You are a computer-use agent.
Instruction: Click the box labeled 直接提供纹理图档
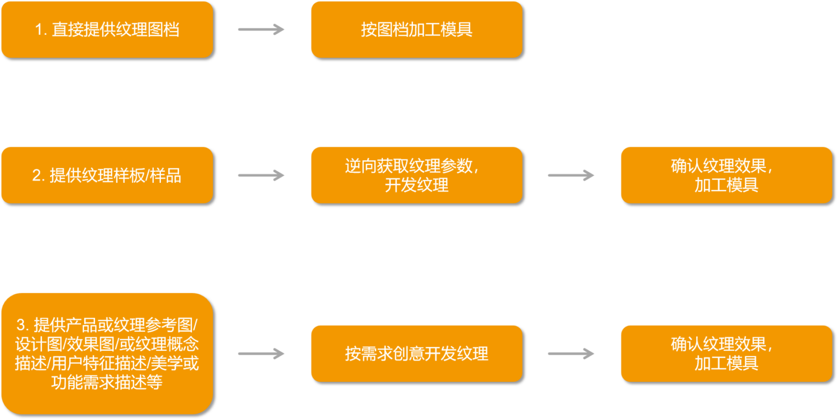tap(107, 29)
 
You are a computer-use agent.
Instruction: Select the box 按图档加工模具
tap(416, 29)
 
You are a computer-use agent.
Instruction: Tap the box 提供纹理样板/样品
tap(107, 175)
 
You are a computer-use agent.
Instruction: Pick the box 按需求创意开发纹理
tap(416, 353)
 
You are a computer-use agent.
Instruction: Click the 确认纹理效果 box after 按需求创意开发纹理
tap(726, 353)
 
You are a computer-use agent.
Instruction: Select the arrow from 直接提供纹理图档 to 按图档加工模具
tap(261, 29)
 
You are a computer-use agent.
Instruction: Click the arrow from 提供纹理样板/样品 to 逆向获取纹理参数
tap(261, 175)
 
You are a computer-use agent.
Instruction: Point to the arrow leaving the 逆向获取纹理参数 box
tap(571, 175)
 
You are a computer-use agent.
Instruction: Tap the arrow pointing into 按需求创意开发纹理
tap(261, 353)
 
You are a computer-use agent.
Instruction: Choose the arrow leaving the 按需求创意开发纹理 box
tap(571, 353)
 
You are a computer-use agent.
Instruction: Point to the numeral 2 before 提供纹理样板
tap(37, 176)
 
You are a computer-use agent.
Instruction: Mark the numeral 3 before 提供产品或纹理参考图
tap(21, 326)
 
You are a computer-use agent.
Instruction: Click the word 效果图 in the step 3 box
tap(93, 345)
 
